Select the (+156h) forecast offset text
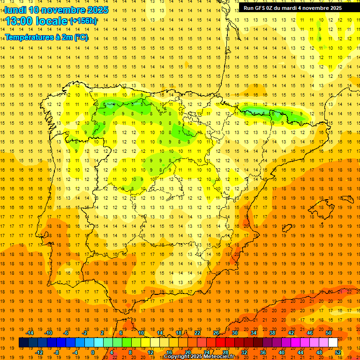[83, 21]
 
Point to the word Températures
[29, 37]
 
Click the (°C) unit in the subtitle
[80, 37]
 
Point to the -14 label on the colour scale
[30, 333]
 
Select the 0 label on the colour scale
[93, 352]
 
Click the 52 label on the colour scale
[338, 352]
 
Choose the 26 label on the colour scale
[216, 333]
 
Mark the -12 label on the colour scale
[39, 352]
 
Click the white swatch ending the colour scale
[333, 343]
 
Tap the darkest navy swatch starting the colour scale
[23, 343]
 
